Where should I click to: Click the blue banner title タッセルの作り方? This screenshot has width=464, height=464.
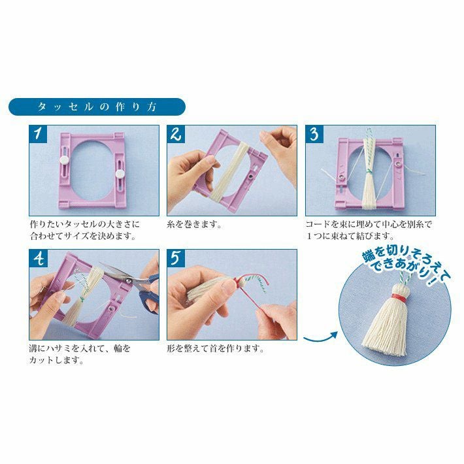coord(97,107)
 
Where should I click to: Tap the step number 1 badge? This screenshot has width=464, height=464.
coord(38,134)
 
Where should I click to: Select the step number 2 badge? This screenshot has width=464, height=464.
coord(176,134)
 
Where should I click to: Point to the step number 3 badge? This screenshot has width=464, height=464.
coord(314,134)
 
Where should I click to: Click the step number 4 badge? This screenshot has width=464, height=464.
coord(38,257)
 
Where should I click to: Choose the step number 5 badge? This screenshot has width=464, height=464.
coord(176,257)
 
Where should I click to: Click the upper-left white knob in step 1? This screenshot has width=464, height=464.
coord(64,160)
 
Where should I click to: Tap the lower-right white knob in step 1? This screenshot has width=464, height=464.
coord(120,174)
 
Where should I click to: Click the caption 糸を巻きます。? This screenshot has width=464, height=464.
coord(194,224)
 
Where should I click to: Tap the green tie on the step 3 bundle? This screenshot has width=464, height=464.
coord(369,171)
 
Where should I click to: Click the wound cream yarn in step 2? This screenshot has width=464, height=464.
coord(227,172)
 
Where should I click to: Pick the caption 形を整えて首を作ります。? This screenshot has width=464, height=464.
coord(216,348)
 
